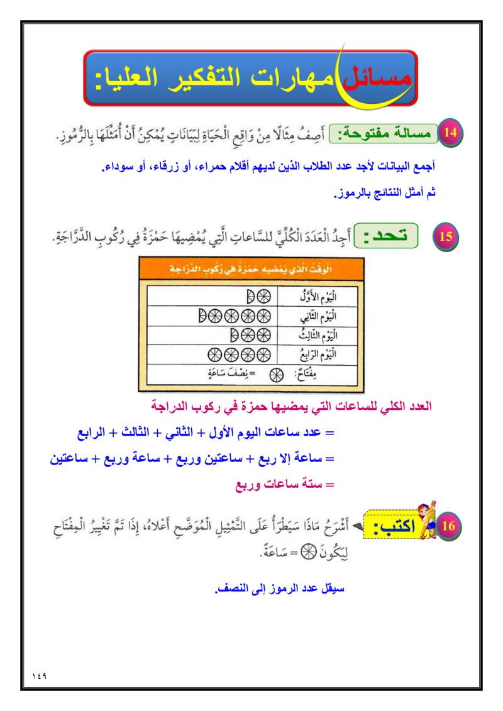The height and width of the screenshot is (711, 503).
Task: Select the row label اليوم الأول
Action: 318,295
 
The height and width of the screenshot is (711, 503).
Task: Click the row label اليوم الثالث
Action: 318,334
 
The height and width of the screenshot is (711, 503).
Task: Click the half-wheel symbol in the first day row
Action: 250,295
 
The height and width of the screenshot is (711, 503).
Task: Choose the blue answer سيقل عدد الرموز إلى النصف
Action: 280,590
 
